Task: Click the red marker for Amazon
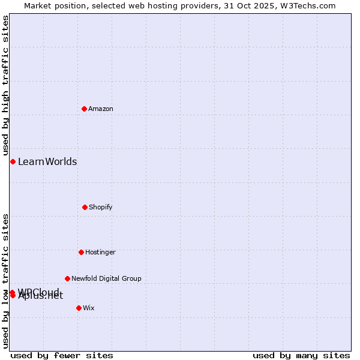point(84,109)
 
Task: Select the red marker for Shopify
point(85,207)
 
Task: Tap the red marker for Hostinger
point(81,252)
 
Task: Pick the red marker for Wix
point(79,308)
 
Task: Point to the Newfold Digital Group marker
point(67,278)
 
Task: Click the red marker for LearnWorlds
point(13,161)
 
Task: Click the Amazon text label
point(101,109)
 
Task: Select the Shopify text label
point(101,207)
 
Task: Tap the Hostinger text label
point(100,252)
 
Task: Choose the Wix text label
point(89,308)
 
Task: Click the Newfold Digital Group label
point(106,278)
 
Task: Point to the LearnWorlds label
point(47,161)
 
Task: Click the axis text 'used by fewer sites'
point(62,355)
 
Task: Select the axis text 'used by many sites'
point(301,355)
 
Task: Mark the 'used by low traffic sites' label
point(5,281)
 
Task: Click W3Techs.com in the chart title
point(310,5)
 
